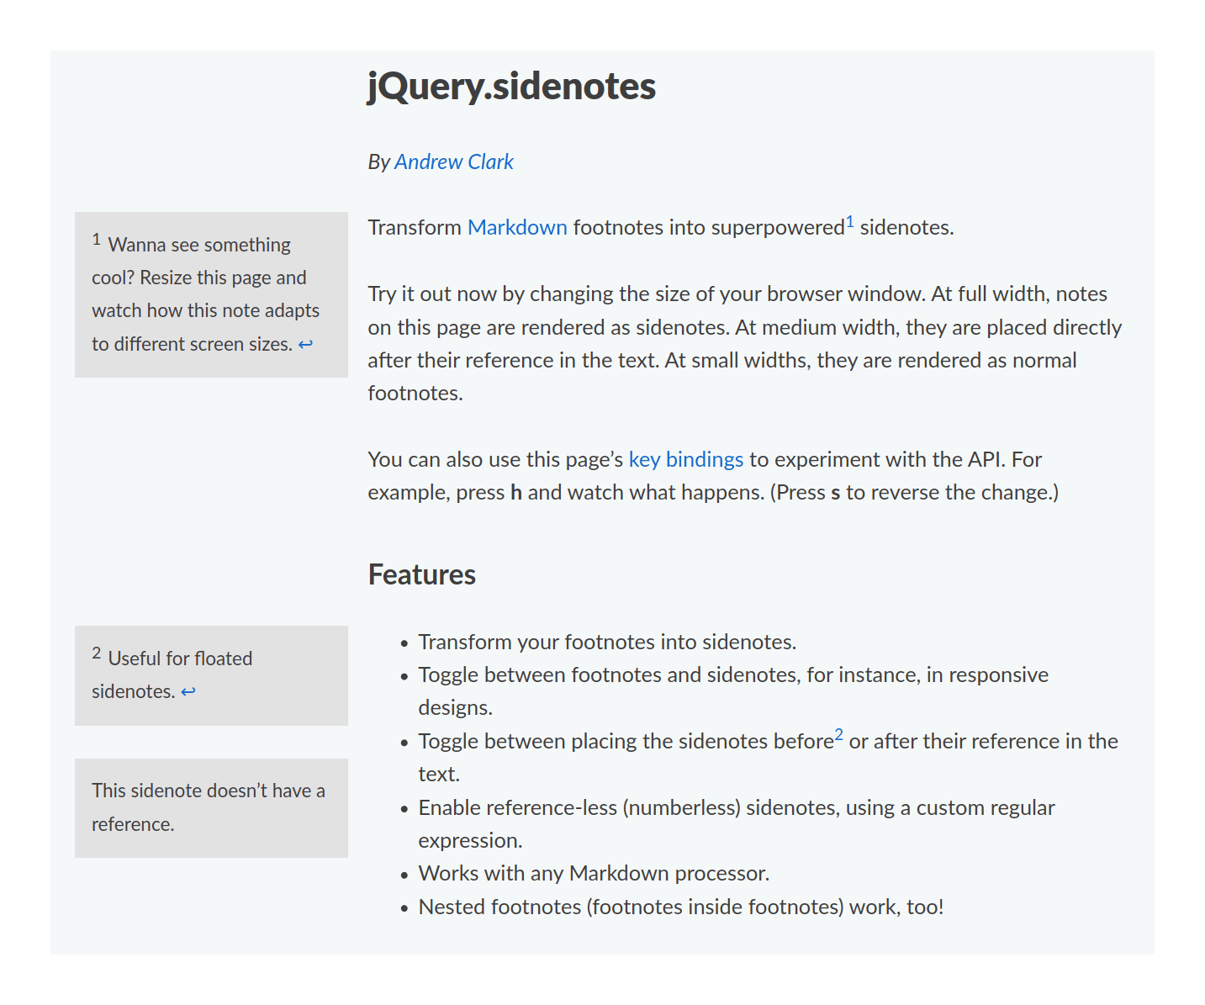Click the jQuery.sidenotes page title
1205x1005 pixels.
tap(511, 87)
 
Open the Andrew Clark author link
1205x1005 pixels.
tap(453, 161)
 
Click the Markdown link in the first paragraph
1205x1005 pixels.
tap(517, 227)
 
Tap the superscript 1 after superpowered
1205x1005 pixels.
tap(850, 222)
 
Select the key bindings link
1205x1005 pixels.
tap(685, 459)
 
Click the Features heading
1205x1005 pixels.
tap(421, 574)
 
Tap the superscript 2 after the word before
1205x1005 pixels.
tap(838, 735)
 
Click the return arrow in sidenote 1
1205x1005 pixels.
tap(305, 344)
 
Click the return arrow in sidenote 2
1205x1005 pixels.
tap(188, 691)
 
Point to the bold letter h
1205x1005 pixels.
tap(516, 493)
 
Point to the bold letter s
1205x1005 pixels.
tap(835, 493)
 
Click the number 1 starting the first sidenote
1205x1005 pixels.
tap(97, 240)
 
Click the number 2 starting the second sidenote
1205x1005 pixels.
tap(97, 653)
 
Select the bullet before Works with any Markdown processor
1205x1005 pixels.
tap(404, 875)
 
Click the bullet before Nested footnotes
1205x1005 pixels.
tap(404, 908)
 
